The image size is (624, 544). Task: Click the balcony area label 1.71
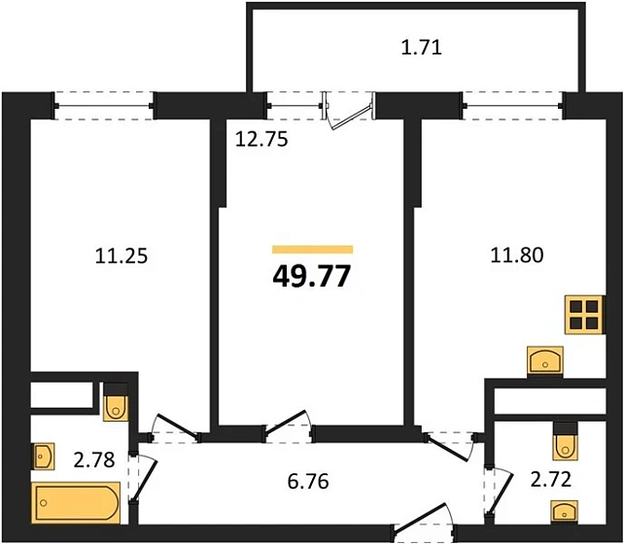(421, 46)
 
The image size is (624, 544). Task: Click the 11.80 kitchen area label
(517, 256)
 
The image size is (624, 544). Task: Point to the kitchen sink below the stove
(546, 361)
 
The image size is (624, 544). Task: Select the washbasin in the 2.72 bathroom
(565, 511)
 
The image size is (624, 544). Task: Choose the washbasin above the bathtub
(45, 455)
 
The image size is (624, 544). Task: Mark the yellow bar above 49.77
(311, 249)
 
